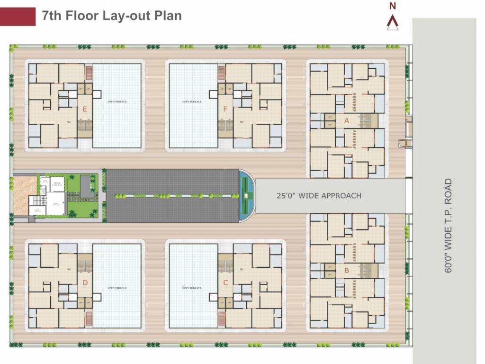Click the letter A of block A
pyautogui.click(x=346, y=120)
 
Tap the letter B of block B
pyautogui.click(x=346, y=271)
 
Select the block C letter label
pyautogui.click(x=225, y=283)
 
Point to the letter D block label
pyautogui.click(x=85, y=283)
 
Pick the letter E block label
pyautogui.click(x=85, y=109)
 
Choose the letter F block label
pyautogui.click(x=225, y=109)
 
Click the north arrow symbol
pyautogui.click(x=393, y=23)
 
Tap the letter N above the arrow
pyautogui.click(x=393, y=6)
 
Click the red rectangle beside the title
pyautogui.click(x=18, y=16)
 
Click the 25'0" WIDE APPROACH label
pyautogui.click(x=319, y=195)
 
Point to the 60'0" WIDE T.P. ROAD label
pyautogui.click(x=449, y=225)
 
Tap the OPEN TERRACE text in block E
pyautogui.click(x=117, y=102)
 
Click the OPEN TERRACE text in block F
pyautogui.click(x=192, y=102)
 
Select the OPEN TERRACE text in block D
pyautogui.click(x=117, y=288)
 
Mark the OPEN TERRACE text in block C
pyautogui.click(x=192, y=288)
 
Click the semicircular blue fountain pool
pyautogui.click(x=246, y=195)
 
